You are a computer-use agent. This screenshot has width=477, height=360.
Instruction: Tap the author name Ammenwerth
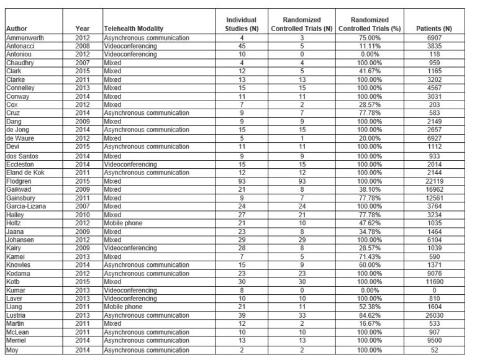click(x=24, y=38)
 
